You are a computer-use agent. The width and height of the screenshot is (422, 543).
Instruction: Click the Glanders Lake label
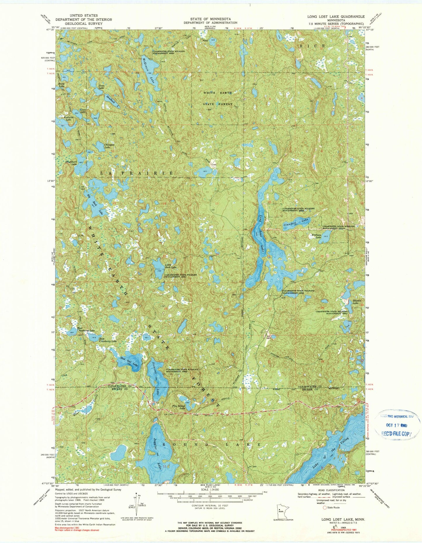coord(296,223)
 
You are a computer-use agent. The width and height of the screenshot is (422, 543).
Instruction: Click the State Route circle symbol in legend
coord(324,508)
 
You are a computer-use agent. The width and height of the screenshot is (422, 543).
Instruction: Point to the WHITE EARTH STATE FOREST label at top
coord(218,98)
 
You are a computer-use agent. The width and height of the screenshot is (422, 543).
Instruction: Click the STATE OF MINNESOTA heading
coord(210,19)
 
